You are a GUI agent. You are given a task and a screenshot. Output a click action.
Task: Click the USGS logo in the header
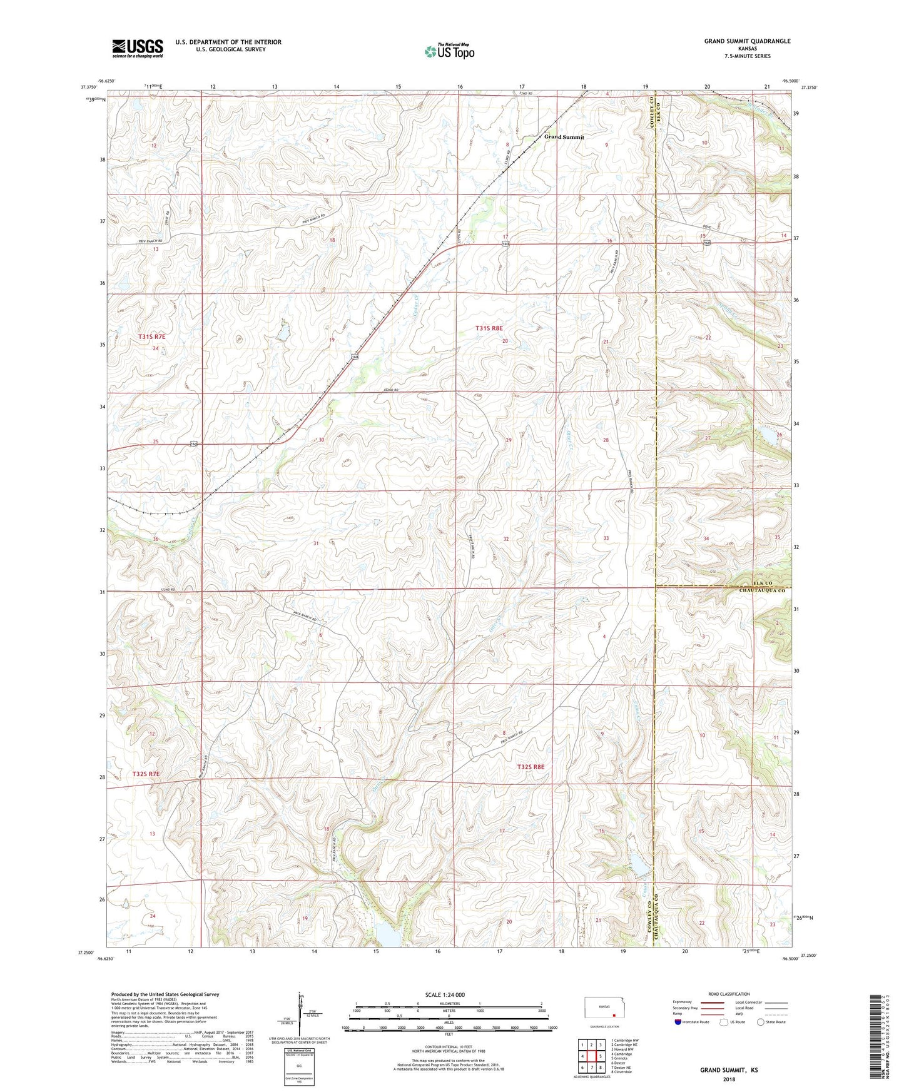click(137, 48)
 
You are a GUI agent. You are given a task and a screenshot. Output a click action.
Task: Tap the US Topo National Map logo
click(449, 51)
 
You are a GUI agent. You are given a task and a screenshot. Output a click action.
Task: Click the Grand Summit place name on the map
click(564, 137)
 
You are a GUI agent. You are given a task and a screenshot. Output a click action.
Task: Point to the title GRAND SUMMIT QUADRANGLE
click(747, 41)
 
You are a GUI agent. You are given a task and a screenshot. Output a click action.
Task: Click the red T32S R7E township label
click(146, 774)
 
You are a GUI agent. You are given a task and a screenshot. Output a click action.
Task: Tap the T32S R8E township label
click(531, 767)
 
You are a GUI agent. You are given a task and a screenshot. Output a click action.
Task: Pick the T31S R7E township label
click(152, 337)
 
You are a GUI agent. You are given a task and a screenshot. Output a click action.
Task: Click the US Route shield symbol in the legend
click(724, 1023)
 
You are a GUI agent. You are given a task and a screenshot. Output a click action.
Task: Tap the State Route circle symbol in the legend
click(761, 1023)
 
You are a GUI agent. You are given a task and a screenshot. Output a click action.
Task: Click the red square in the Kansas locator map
click(614, 1016)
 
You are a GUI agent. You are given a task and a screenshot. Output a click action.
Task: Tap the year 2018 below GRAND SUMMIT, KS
click(729, 1079)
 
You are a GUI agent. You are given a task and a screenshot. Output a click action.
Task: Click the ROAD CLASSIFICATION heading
click(728, 994)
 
